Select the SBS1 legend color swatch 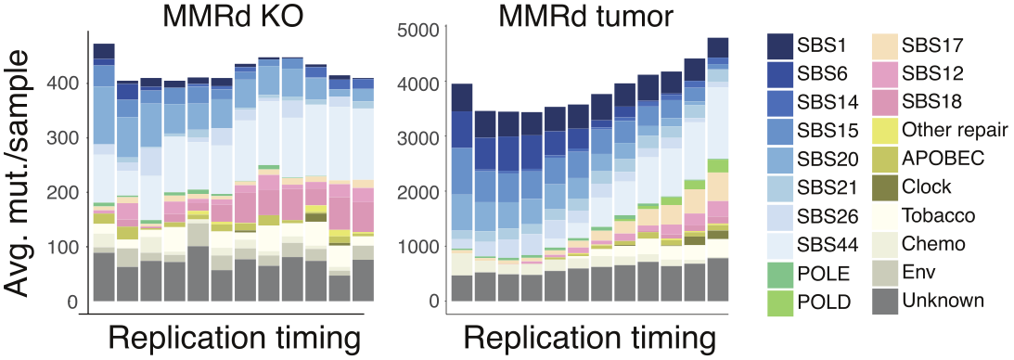pos(785,45)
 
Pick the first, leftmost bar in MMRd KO pos(104,172)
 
